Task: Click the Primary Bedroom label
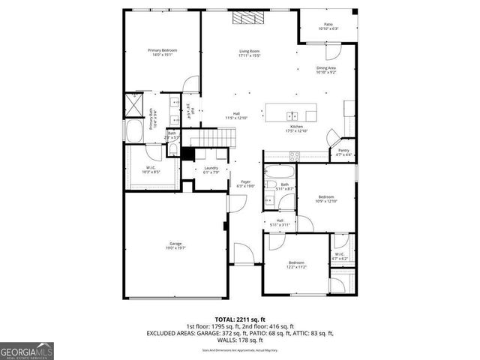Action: [x=163, y=52]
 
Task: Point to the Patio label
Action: [x=328, y=26]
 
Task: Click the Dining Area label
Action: [x=326, y=70]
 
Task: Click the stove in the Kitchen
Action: [x=295, y=157]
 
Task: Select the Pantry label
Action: [x=343, y=152]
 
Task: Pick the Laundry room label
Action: [x=211, y=169]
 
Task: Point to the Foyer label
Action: [x=245, y=183]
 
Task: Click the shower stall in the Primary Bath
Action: [x=135, y=103]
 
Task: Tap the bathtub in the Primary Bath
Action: [x=136, y=131]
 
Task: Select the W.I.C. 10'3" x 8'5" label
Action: [x=152, y=169]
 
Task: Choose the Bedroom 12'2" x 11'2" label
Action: [x=296, y=265]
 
